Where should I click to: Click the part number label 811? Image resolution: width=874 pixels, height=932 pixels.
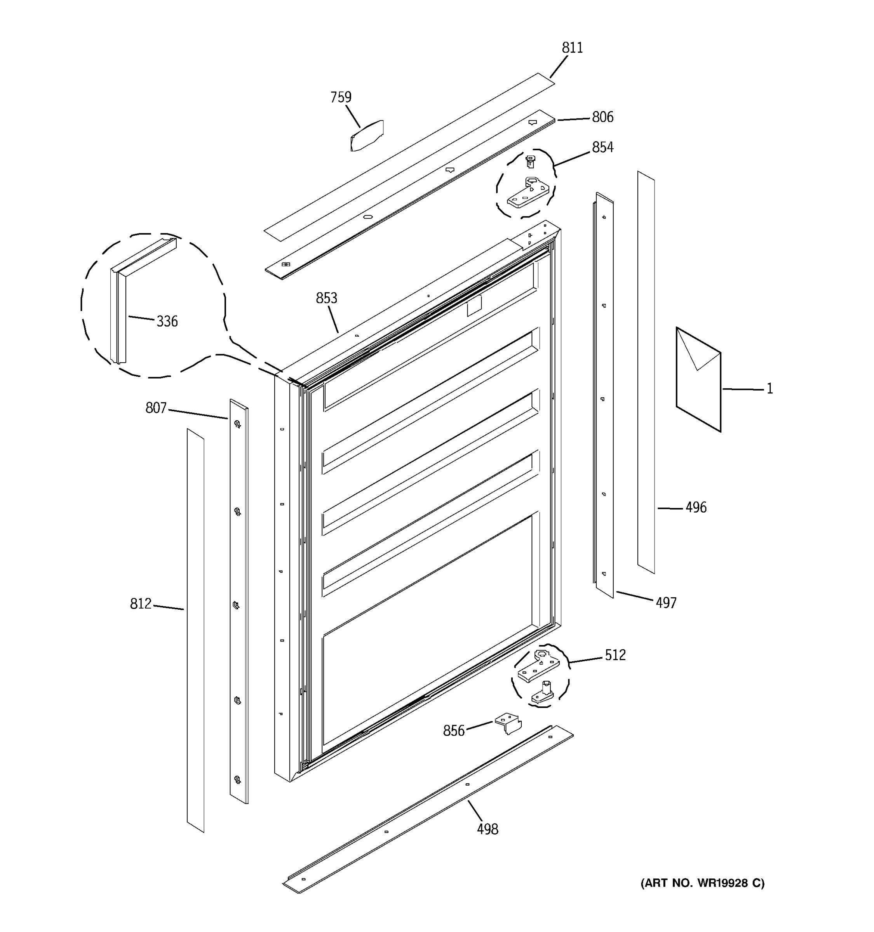coord(572,48)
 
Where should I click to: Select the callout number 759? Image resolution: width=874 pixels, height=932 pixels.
coord(341,97)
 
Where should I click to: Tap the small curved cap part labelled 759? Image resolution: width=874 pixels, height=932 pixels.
coord(367,136)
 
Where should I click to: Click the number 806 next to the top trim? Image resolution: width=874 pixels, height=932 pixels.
coord(602,117)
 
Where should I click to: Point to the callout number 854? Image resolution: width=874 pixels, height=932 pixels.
coord(602,148)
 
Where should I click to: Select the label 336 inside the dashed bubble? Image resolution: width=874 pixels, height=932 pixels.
coord(167,322)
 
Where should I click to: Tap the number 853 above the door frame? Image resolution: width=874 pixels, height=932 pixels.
coord(326,298)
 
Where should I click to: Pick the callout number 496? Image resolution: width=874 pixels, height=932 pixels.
coord(696,508)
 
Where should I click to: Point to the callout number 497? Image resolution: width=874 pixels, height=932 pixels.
coord(666,603)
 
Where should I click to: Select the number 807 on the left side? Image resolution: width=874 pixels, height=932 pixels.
coord(156,409)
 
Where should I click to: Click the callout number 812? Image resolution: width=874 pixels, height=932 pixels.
coord(141,604)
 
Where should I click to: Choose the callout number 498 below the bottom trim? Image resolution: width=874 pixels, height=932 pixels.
coord(487,830)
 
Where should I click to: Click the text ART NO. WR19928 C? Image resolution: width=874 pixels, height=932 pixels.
coord(702,883)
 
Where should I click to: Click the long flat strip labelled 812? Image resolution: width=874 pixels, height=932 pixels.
coord(195,633)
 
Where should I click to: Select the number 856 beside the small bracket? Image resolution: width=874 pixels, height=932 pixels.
coord(453,731)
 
